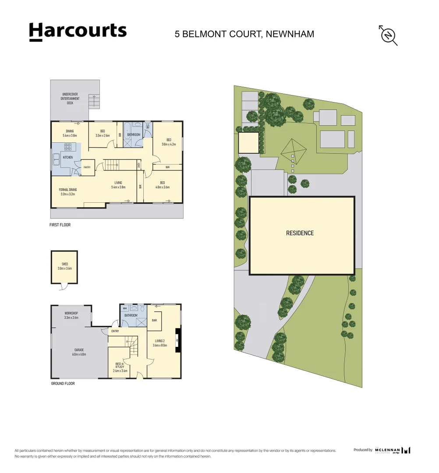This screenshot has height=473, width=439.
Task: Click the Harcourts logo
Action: (x=78, y=32)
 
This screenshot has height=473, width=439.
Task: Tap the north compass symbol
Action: (x=388, y=35)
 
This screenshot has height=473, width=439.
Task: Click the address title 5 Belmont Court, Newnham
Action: (x=244, y=34)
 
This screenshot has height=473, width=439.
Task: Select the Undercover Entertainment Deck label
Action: (x=70, y=99)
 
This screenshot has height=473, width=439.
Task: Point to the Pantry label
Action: (x=87, y=167)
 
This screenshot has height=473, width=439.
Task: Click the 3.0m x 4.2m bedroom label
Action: (x=168, y=142)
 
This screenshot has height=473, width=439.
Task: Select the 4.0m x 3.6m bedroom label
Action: (x=162, y=185)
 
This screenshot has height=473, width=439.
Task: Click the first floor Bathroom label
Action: (x=134, y=134)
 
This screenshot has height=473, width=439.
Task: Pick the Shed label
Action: (x=64, y=266)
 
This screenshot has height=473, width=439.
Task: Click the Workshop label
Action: (x=71, y=315)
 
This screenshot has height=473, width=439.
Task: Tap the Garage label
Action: (x=79, y=352)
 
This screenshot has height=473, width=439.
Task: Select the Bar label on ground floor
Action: (x=154, y=320)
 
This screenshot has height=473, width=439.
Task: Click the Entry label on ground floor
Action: (x=115, y=331)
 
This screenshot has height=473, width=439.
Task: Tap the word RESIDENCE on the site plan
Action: (x=300, y=233)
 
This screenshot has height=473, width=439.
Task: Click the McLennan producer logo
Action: (x=393, y=450)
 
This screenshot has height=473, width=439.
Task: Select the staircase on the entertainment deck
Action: (x=94, y=102)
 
